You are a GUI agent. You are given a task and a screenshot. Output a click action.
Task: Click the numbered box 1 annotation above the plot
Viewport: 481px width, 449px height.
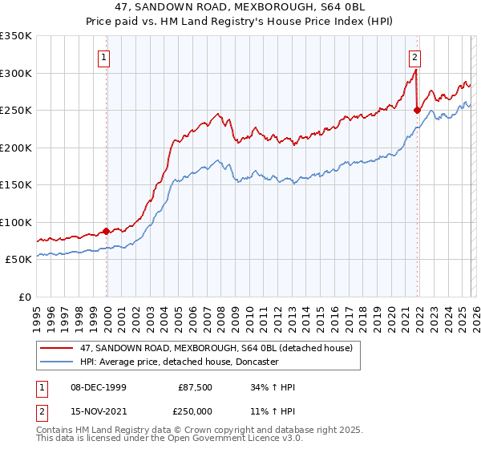pyautogui.click(x=105, y=57)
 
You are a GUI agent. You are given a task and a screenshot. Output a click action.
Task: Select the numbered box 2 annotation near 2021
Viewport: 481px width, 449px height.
pyautogui.click(x=414, y=57)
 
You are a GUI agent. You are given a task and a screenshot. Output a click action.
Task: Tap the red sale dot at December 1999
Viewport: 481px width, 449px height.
pyautogui.click(x=107, y=231)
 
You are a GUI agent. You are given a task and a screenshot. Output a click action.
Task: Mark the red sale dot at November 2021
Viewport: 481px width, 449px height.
pyautogui.click(x=417, y=110)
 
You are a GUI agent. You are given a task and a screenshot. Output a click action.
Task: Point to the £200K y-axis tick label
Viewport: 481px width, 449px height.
pyautogui.click(x=16, y=148)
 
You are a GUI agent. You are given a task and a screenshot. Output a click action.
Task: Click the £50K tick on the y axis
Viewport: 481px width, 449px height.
pyautogui.click(x=18, y=259)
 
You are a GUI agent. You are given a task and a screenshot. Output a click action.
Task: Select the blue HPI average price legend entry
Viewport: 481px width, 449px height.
pyautogui.click(x=179, y=362)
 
